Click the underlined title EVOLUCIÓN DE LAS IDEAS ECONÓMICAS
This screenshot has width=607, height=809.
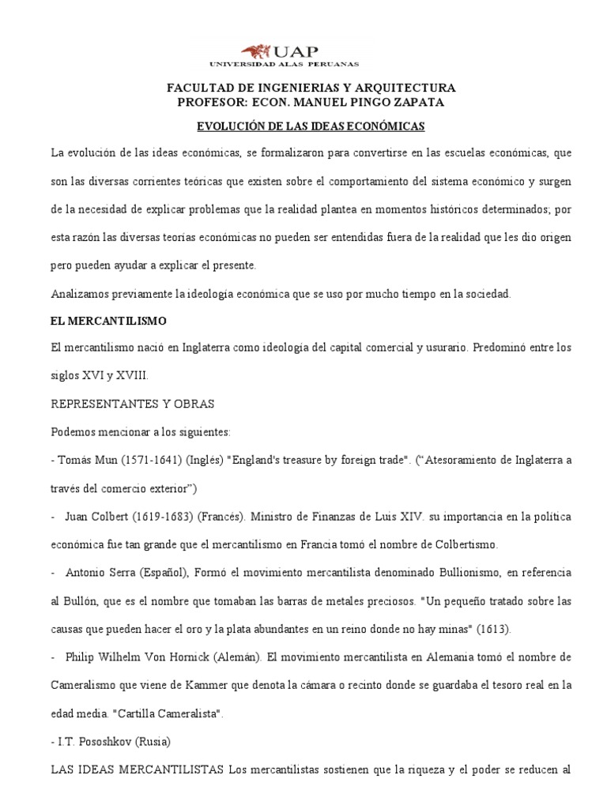311,126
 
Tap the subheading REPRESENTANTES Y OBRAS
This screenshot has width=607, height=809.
132,404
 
